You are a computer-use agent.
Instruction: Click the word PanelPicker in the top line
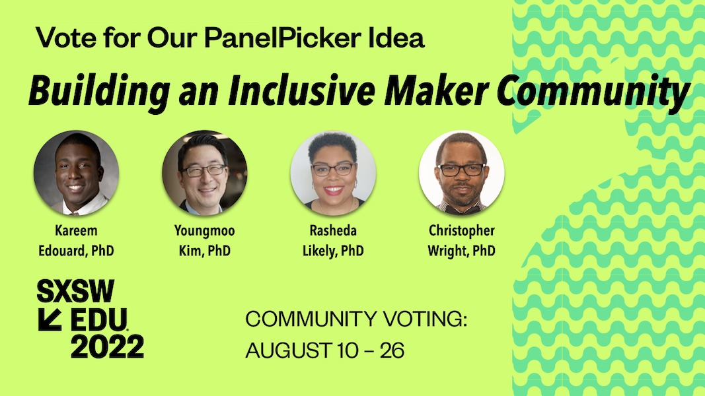[x=283, y=38]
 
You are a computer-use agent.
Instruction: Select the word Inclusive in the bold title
[x=301, y=90]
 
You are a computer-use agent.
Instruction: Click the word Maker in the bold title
[x=436, y=90]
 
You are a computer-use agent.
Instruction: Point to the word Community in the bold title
[x=593, y=92]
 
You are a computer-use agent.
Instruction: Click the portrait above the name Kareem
[x=76, y=173]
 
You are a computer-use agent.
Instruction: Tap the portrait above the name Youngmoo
[x=205, y=173]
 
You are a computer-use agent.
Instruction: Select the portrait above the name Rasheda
[x=333, y=173]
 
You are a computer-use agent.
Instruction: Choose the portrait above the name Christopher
[x=462, y=173]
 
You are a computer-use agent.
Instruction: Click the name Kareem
[x=76, y=230]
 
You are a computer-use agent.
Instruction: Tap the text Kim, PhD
[x=205, y=251]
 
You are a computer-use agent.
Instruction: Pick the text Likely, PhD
[x=333, y=251]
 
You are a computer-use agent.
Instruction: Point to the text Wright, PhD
[x=462, y=251]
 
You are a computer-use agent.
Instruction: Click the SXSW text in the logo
[x=75, y=291]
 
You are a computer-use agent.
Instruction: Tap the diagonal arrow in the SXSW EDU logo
[x=50, y=319]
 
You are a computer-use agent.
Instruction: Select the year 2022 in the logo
[x=108, y=346]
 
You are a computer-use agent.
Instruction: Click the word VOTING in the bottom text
[x=425, y=319]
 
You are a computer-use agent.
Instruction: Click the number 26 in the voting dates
[x=392, y=350]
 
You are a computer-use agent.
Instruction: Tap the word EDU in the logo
[x=99, y=319]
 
